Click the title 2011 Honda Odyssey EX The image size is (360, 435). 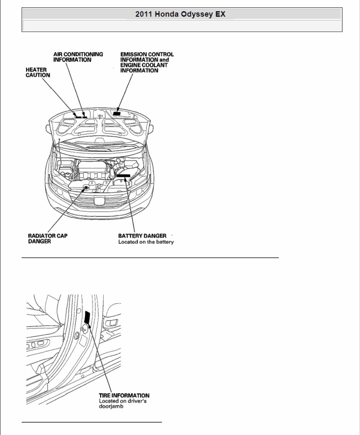click(180, 14)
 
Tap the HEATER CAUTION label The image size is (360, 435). click(38, 72)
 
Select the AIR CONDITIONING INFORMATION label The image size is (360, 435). click(78, 57)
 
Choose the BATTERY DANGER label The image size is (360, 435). click(142, 235)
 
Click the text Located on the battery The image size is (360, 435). click(146, 242)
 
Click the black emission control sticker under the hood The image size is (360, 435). click(117, 114)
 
